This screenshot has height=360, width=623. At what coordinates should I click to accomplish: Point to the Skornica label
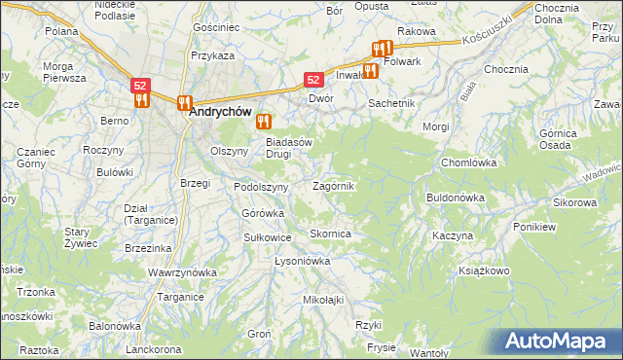point(330,234)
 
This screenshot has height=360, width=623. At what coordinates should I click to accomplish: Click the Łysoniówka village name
point(303,262)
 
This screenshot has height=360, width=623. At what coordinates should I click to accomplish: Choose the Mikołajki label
point(324,300)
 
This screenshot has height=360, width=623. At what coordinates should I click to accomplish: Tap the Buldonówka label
point(456,198)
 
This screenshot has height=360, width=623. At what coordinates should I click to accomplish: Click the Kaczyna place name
point(453,236)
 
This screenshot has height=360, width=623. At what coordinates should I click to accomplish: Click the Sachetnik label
point(391,102)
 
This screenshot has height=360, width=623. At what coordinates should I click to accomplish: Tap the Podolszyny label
point(262,187)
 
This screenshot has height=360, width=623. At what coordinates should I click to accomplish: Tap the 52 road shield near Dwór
point(313,81)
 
